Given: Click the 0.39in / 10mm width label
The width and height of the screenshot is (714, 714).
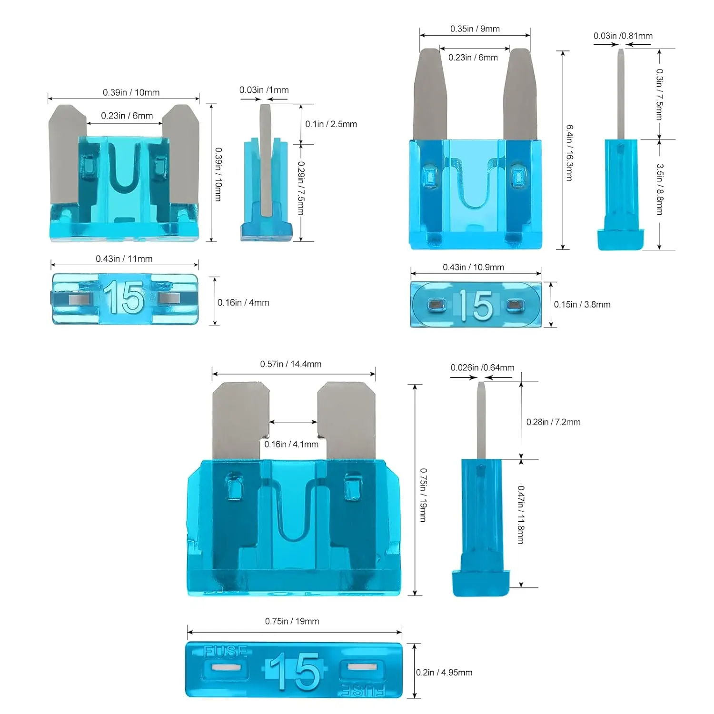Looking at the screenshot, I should point(131,92).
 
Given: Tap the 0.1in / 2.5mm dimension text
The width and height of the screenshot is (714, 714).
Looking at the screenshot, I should point(331,124).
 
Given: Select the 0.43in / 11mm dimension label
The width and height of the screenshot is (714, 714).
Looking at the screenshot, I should point(124,259).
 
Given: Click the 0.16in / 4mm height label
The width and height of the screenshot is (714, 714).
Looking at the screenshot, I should point(243,303).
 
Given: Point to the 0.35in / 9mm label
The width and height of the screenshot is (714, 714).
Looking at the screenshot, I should point(475,29).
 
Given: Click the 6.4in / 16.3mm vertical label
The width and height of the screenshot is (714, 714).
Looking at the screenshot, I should point(569,152).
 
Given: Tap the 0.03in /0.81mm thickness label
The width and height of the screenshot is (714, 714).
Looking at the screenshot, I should point(623,36).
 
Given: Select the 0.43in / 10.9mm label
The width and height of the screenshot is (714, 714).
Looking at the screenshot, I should point(473,267).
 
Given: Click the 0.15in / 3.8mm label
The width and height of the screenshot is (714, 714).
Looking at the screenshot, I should point(582,305).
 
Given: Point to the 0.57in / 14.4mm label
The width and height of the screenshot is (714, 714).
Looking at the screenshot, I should point(290,364).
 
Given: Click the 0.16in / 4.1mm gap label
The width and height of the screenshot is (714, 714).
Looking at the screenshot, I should point(291,444).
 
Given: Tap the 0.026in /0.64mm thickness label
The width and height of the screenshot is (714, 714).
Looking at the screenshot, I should point(482,367).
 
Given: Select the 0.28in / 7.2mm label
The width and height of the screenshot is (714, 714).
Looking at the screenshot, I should point(553,422).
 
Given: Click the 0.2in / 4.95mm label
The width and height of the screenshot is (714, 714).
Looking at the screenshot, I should point(444,673).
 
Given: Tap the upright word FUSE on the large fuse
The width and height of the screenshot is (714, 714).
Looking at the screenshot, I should point(226,651).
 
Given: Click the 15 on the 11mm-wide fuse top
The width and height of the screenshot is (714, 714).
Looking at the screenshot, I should point(124,298).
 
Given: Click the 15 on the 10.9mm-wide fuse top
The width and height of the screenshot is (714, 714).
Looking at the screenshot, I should point(476,305).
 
